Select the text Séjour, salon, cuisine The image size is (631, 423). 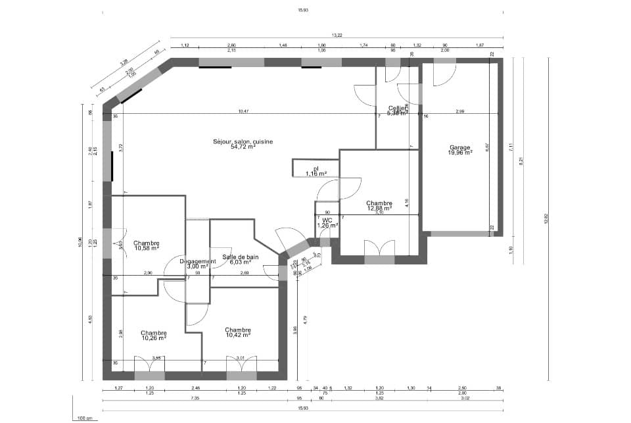click(243, 141)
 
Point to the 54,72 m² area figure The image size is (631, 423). click(243, 147)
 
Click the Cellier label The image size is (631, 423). click(396, 108)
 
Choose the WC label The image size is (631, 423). click(327, 220)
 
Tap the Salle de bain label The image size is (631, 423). click(240, 257)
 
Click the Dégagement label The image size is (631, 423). click(197, 261)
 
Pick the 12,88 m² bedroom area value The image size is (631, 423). click(379, 209)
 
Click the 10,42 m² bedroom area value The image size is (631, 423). click(237, 335)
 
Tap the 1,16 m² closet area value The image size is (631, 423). click(316, 174)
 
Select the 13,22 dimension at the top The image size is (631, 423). click(337, 34)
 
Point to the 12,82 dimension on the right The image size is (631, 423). click(545, 220)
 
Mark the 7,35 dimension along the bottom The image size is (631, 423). click(195, 398)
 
